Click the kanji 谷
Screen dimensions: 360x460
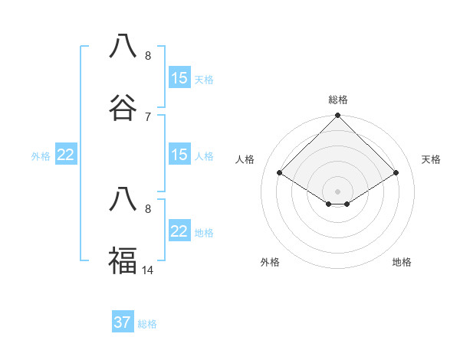coord(123,107)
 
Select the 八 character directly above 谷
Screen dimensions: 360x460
coord(123,46)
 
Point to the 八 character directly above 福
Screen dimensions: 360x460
coord(123,199)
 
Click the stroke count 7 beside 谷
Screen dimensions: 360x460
coord(148,116)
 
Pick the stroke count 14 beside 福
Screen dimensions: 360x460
coord(148,270)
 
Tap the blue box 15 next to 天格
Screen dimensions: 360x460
coord(179,78)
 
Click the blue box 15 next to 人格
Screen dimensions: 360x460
coord(179,155)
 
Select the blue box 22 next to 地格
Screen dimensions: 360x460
coord(179,231)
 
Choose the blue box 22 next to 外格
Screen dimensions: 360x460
coord(66,155)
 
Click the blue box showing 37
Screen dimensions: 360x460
coord(123,322)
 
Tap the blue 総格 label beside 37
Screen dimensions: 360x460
coord(147,324)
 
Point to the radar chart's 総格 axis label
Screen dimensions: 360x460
coord(337,100)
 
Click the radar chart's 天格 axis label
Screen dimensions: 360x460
coord(431,159)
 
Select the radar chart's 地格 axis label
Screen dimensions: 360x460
coord(402,262)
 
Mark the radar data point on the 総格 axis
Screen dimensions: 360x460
coord(337,116)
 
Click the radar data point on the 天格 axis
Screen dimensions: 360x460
coord(396,172)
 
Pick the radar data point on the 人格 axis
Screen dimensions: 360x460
coord(280,172)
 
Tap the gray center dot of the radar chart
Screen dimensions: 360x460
coord(337,191)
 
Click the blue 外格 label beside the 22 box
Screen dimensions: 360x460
coord(41,155)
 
